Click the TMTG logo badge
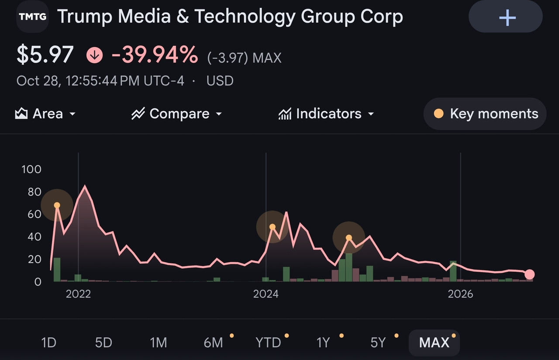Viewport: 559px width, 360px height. click(32, 17)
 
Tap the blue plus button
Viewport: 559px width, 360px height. click(506, 17)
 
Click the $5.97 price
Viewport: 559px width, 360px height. click(45, 55)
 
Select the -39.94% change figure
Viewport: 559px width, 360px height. click(155, 55)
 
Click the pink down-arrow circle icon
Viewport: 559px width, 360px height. click(95, 55)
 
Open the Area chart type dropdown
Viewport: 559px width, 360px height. click(45, 114)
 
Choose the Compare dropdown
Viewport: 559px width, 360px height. click(177, 114)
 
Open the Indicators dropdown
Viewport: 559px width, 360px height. click(326, 114)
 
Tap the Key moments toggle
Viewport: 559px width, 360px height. click(485, 114)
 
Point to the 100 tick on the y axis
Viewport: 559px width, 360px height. click(31, 170)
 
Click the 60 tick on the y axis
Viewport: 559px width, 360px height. click(35, 214)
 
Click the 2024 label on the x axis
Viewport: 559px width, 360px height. click(266, 294)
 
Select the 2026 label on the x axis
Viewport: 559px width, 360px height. click(460, 294)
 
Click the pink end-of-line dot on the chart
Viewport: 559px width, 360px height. click(529, 274)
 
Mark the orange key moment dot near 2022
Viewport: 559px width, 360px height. click(57, 205)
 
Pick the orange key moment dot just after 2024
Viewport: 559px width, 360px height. click(273, 227)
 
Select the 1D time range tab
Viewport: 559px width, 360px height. click(48, 343)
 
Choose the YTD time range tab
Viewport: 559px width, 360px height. click(268, 343)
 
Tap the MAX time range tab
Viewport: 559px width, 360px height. click(434, 343)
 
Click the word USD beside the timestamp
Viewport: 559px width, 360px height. click(220, 81)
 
